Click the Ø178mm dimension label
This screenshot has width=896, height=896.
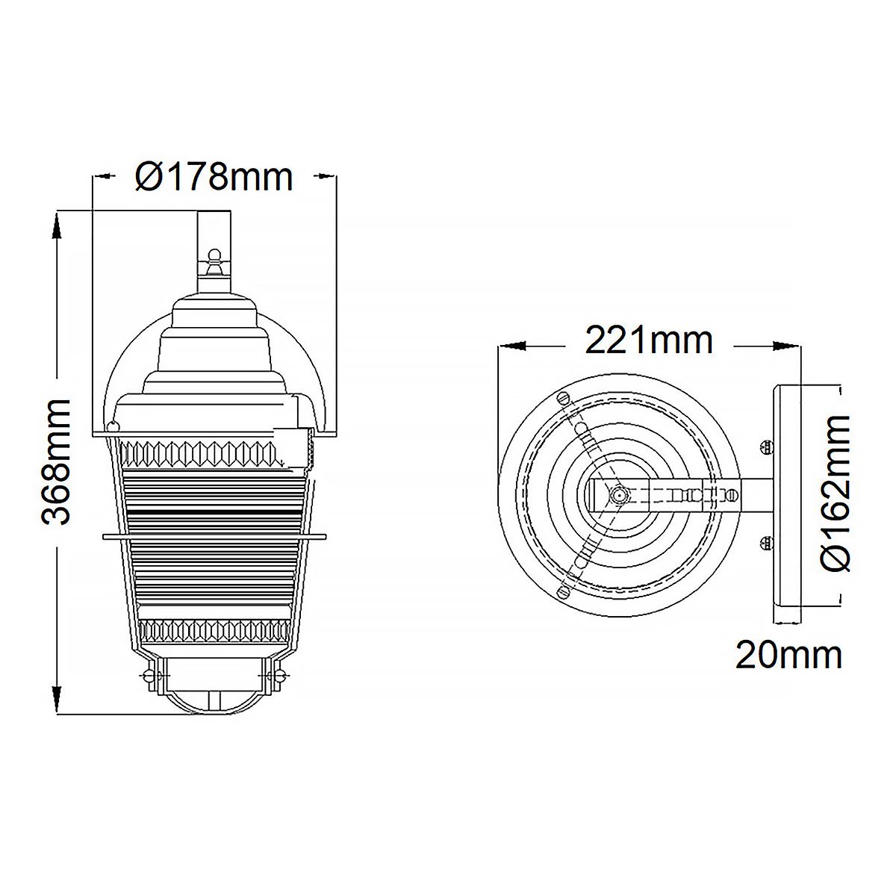[x=214, y=177]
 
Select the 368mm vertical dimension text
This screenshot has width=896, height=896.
[x=56, y=461]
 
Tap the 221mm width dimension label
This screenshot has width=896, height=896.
[x=648, y=340]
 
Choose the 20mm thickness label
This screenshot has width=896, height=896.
[x=788, y=655]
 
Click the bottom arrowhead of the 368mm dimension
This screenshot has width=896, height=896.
[x=56, y=701]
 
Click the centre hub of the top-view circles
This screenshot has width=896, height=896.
[x=617, y=494]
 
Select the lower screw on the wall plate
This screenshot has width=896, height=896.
[x=763, y=543]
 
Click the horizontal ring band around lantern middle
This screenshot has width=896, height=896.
[x=214, y=535]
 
